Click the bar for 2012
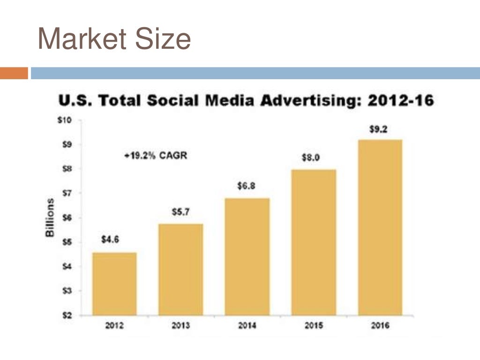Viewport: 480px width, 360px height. coord(114,284)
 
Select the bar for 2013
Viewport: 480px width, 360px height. coord(180,270)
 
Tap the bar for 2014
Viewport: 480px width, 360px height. coord(247,256)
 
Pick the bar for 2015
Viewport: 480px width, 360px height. coord(314,242)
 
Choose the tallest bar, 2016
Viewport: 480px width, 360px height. coord(380,227)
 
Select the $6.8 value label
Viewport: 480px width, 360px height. coord(246,186)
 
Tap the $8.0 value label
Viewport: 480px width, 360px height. coord(310,158)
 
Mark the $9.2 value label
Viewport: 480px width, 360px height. coord(378,130)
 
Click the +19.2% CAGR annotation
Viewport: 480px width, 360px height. coord(156,156)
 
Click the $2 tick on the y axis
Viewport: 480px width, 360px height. coord(67,315)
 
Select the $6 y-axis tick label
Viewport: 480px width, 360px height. coord(67,218)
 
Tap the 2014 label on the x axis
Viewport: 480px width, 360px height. coord(247,326)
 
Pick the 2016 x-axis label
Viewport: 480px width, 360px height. coord(380,326)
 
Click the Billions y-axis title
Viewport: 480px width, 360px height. coord(50,217)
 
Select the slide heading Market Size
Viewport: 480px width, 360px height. coord(114,39)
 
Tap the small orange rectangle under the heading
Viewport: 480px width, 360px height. coord(14,73)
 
